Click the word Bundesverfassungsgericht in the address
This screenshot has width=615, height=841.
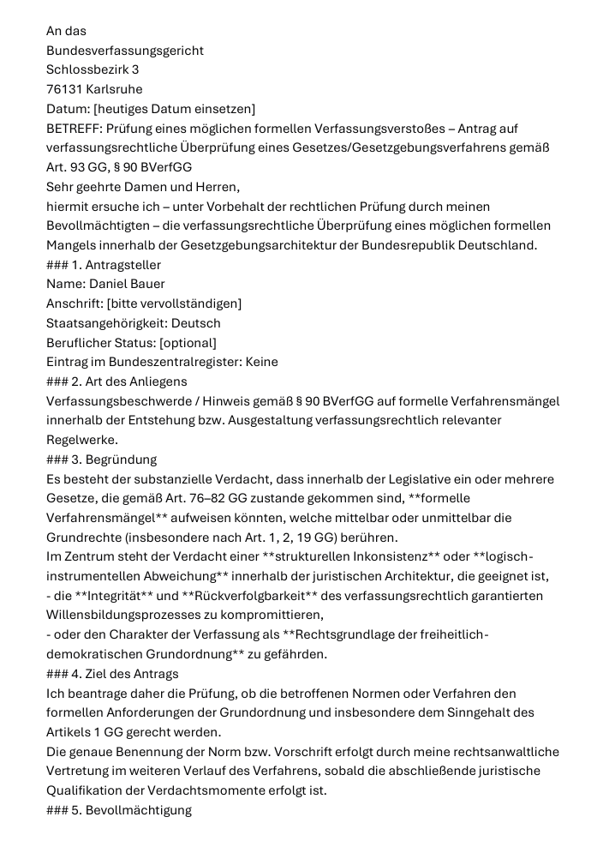(125, 51)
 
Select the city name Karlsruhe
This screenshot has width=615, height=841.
(115, 89)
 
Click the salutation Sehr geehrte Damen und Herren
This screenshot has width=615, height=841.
(143, 187)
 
